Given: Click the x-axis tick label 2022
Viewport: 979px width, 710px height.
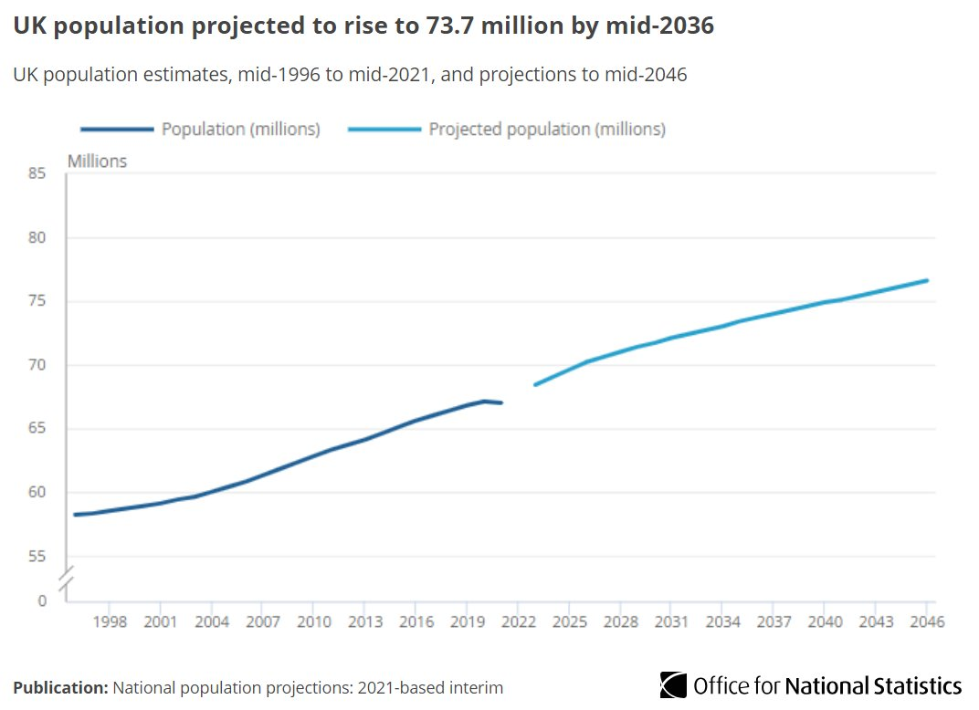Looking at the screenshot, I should tap(517, 622).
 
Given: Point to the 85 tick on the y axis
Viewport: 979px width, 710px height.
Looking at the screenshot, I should tap(37, 173).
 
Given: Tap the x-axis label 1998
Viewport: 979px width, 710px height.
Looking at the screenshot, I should tap(109, 622).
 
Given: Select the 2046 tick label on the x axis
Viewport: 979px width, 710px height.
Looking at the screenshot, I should tap(926, 622).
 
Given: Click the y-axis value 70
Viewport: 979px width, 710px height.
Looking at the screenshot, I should tap(37, 365).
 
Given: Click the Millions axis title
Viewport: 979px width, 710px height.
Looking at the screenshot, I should tap(97, 162).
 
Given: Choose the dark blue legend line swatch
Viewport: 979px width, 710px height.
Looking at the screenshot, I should tap(116, 130).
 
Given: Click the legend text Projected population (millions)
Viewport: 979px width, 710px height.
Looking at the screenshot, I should tap(547, 130).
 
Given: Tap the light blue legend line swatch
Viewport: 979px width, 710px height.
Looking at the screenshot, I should tap(384, 130).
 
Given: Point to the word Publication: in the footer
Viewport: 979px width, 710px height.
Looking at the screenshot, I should tap(60, 687).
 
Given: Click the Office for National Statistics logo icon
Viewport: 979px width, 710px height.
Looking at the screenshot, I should tap(673, 685).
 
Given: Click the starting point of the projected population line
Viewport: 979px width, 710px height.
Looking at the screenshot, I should tap(534, 384).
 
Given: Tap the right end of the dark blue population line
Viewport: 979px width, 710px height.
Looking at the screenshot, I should tap(501, 402).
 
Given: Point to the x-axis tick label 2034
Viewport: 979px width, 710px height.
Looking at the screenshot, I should tap(721, 622).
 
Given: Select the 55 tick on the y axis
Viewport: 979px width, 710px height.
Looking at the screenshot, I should tap(37, 557).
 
